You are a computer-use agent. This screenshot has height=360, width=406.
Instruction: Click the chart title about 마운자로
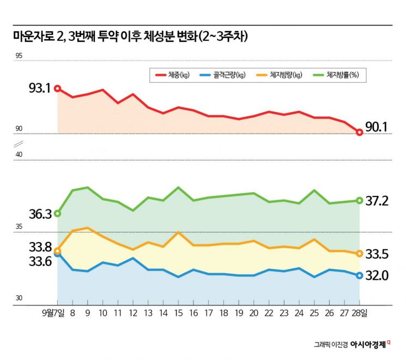tap(130, 37)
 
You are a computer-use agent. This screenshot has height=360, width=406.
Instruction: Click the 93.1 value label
tap(39, 87)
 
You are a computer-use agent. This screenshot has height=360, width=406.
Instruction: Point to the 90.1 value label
tap(376, 127)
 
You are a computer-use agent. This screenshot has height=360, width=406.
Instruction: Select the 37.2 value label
tap(377, 201)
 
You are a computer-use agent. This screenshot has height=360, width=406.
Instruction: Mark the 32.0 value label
tap(377, 276)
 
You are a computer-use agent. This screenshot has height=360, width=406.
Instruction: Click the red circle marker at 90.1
tap(359, 132)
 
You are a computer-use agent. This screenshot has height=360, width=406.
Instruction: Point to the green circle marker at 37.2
tap(359, 201)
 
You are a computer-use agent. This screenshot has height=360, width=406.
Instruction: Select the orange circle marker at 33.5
tap(359, 254)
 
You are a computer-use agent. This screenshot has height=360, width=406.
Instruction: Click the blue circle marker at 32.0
tap(359, 275)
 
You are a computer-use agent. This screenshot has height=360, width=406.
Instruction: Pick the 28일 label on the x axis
tap(360, 314)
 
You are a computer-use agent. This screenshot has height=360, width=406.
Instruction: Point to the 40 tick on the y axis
tap(19, 155)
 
